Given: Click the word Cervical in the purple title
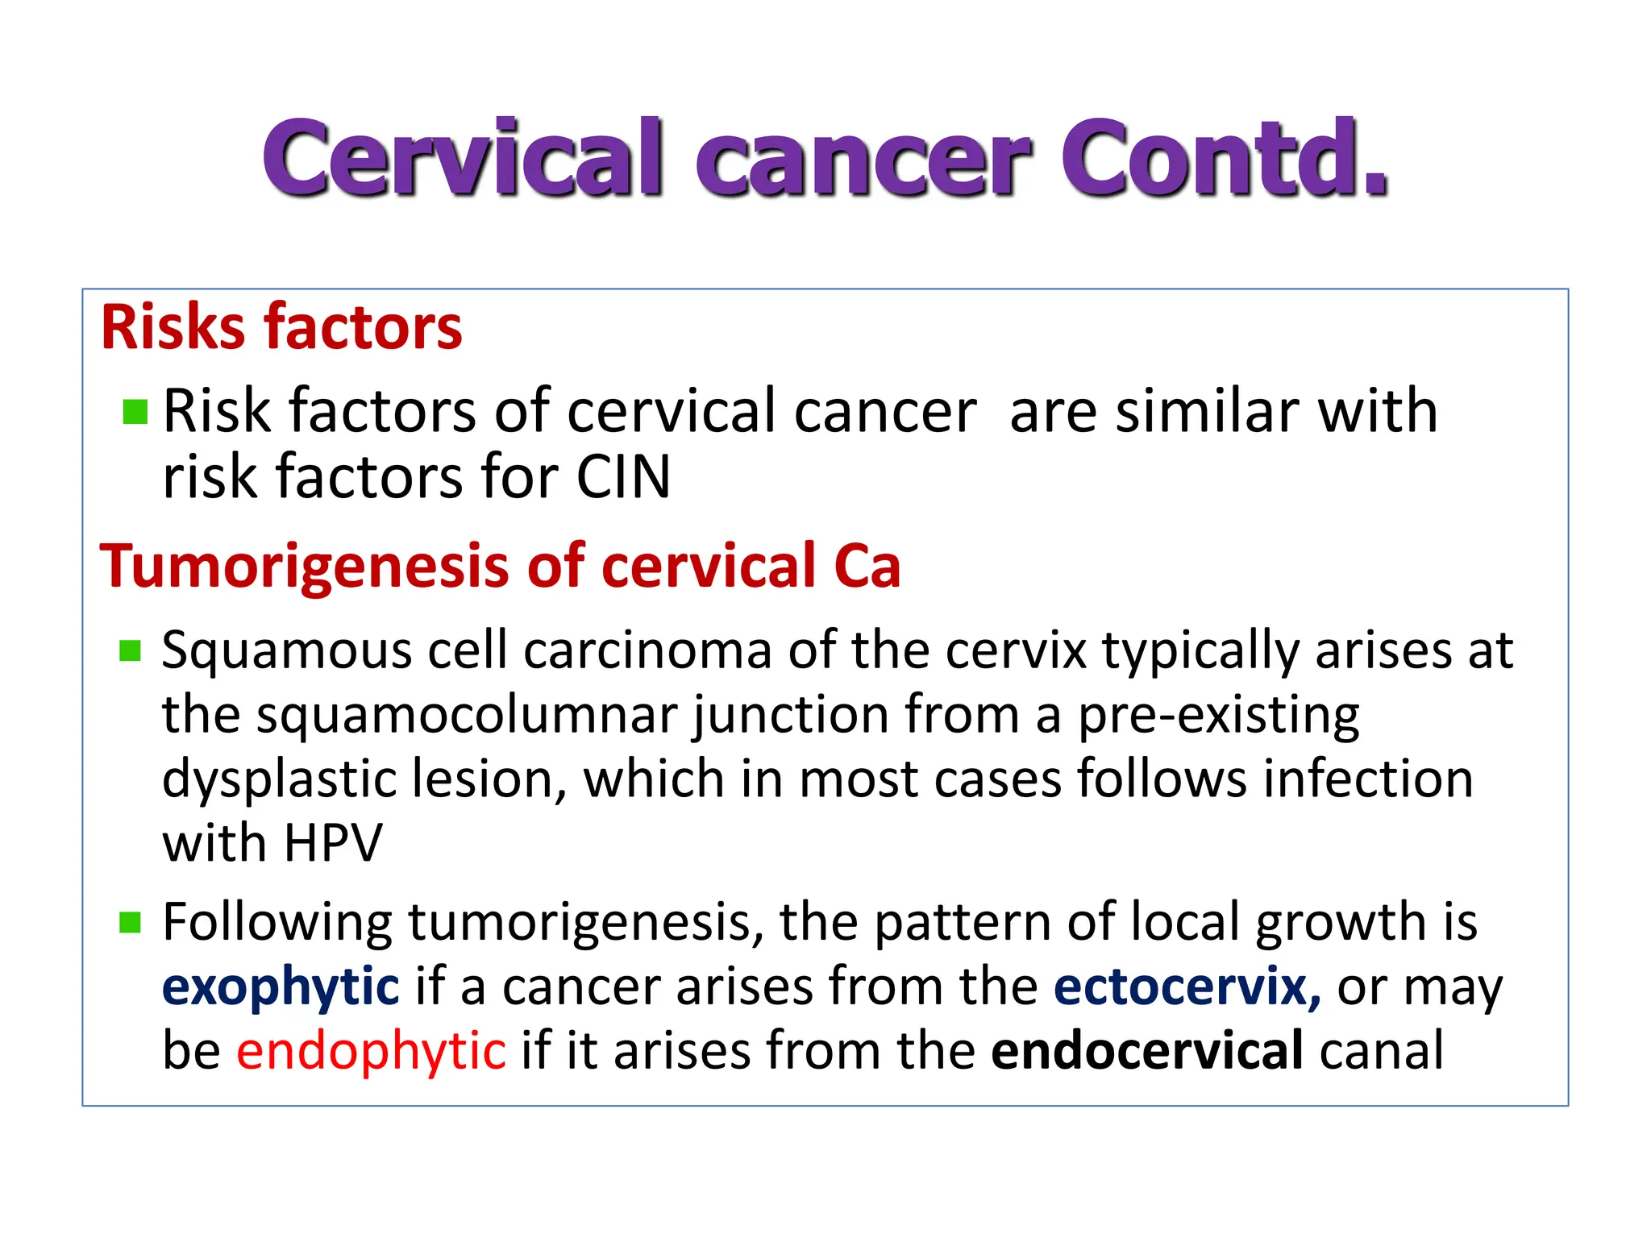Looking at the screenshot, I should tap(464, 159).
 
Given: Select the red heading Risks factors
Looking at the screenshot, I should tap(281, 327).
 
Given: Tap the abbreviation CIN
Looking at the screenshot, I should tap(622, 477).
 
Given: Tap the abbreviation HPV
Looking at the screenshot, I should tap(333, 844).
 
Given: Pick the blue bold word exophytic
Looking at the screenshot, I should tap(281, 988).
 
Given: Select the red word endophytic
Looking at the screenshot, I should tap(371, 1051).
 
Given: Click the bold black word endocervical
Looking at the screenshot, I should tap(1146, 1051).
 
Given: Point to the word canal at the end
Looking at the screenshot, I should tap(1381, 1051).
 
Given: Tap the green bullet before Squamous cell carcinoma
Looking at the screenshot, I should tap(130, 650).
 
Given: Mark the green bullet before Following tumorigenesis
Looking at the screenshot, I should tap(130, 922).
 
